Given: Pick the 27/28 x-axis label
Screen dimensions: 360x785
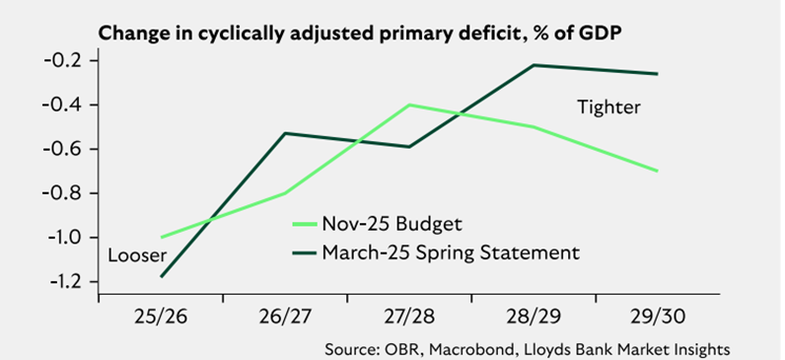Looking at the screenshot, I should click(409, 320).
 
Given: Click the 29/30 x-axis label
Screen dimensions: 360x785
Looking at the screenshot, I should click(657, 320).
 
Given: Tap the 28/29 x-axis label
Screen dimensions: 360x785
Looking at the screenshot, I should click(534, 320).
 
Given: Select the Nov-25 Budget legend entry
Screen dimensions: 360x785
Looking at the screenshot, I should click(376, 224).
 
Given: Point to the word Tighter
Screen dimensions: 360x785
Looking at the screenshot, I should click(608, 107).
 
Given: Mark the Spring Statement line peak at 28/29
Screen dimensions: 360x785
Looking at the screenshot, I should click(534, 65).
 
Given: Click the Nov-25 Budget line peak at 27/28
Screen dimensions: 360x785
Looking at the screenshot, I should click(409, 105).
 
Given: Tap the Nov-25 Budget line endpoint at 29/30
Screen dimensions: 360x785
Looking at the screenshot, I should click(658, 171).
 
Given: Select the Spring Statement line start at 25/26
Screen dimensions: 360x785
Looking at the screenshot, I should click(162, 276).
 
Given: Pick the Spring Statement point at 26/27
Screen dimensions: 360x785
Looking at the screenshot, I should click(286, 133).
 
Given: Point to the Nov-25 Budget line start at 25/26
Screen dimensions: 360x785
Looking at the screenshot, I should click(162, 237).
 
